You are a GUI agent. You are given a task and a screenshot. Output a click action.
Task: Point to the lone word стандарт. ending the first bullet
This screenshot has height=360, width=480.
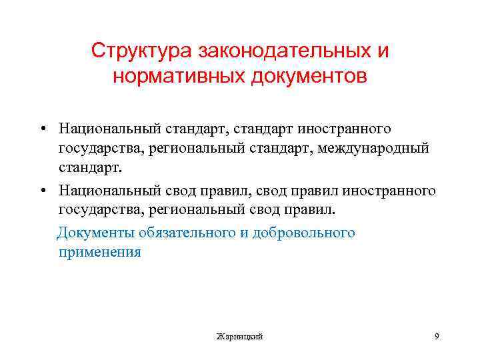click(91, 169)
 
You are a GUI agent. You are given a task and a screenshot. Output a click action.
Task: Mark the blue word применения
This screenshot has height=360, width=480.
click(100, 253)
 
